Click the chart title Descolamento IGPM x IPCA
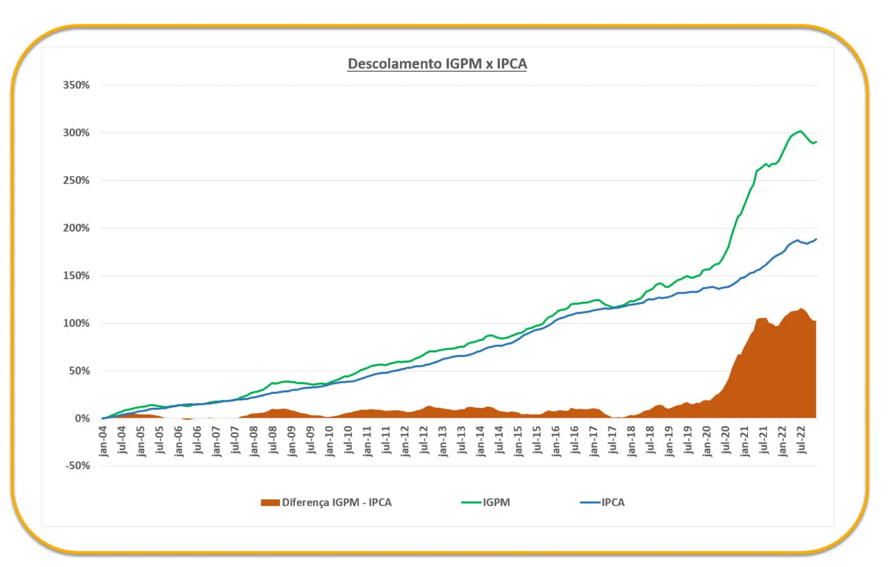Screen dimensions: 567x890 pos(437,64)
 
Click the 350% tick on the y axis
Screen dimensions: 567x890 pos(76,85)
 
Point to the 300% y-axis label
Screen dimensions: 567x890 pos(76,133)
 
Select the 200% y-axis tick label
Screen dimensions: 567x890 pos(76,228)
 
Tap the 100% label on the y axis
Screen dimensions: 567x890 pos(76,323)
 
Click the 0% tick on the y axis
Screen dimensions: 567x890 pos(82,418)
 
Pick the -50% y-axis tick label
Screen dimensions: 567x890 pos(78,466)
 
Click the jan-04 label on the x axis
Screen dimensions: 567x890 pos(103,441)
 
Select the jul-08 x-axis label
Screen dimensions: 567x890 pos(273,441)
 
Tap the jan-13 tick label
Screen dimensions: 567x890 pos(443,441)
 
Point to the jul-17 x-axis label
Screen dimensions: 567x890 pos(612,441)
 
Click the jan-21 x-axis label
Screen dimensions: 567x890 pos(745,441)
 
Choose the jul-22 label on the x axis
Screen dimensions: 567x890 pos(801,441)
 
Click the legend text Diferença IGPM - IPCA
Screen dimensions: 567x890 pos(337,503)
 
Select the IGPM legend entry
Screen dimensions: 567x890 pos(496,503)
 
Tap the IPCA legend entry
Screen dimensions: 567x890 pos(612,503)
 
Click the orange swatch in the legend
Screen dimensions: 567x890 pos(270,503)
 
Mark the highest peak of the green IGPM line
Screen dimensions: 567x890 pos(801,131)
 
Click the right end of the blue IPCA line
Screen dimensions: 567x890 pos(816,239)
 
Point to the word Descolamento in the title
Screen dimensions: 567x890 pos(395,64)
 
